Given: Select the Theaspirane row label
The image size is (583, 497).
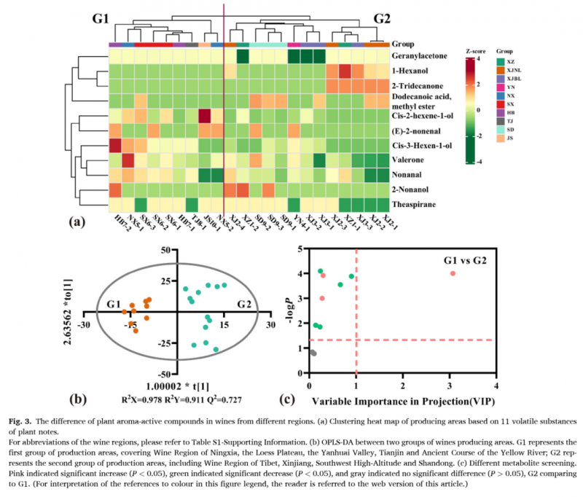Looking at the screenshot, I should click(415, 205).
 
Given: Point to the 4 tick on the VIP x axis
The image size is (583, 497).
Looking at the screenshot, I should click(496, 386).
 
